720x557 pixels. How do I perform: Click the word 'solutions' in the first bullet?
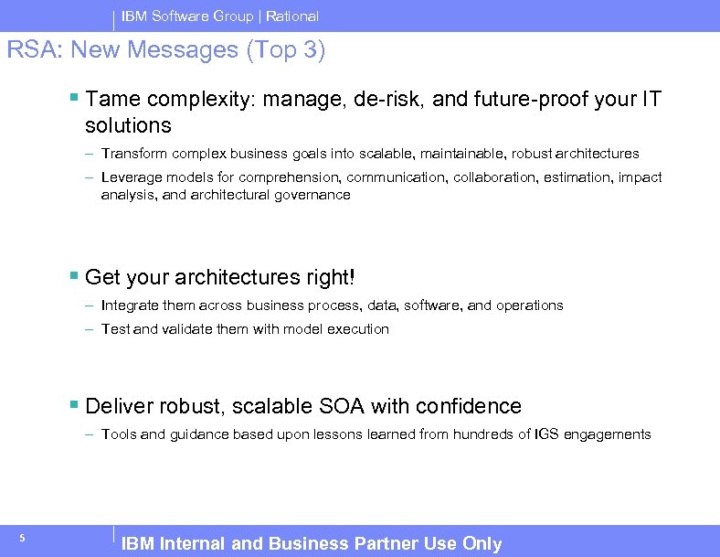click(128, 124)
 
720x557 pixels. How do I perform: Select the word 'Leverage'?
click(129, 177)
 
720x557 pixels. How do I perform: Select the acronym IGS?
click(546, 434)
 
